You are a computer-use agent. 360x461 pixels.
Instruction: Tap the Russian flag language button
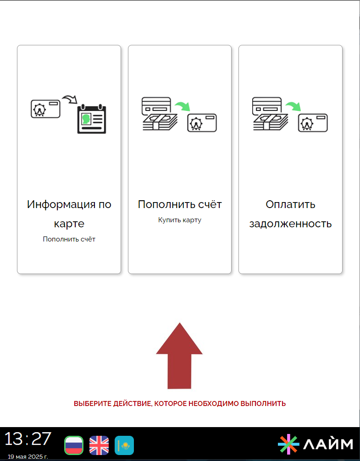(74, 445)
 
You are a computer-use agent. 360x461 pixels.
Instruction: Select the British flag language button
(99, 445)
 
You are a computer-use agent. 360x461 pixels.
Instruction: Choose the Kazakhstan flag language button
(124, 445)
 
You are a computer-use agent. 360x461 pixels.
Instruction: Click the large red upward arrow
(179, 356)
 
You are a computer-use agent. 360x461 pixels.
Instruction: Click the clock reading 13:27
(28, 439)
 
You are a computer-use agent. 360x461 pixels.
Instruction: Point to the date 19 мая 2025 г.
(28, 456)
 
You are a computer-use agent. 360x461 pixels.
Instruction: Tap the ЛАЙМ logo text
(328, 444)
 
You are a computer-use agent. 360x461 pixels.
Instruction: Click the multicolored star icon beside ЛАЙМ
(288, 444)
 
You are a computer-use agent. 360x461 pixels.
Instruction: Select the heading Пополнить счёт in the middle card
(180, 204)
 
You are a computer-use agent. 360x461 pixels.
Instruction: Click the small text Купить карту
(180, 220)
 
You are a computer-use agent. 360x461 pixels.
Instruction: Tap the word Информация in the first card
(61, 204)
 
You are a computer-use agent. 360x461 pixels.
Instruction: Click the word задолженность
(291, 224)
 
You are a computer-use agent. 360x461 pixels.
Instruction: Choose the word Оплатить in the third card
(291, 204)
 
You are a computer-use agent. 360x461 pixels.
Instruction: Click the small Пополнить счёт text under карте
(69, 239)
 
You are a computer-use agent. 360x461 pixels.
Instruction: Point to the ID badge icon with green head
(91, 119)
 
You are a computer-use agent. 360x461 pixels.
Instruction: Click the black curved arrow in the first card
(70, 99)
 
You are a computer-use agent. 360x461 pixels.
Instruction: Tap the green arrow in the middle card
(183, 106)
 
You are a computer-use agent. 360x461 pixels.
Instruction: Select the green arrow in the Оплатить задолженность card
(293, 106)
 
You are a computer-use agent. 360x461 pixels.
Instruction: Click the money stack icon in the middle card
(160, 122)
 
